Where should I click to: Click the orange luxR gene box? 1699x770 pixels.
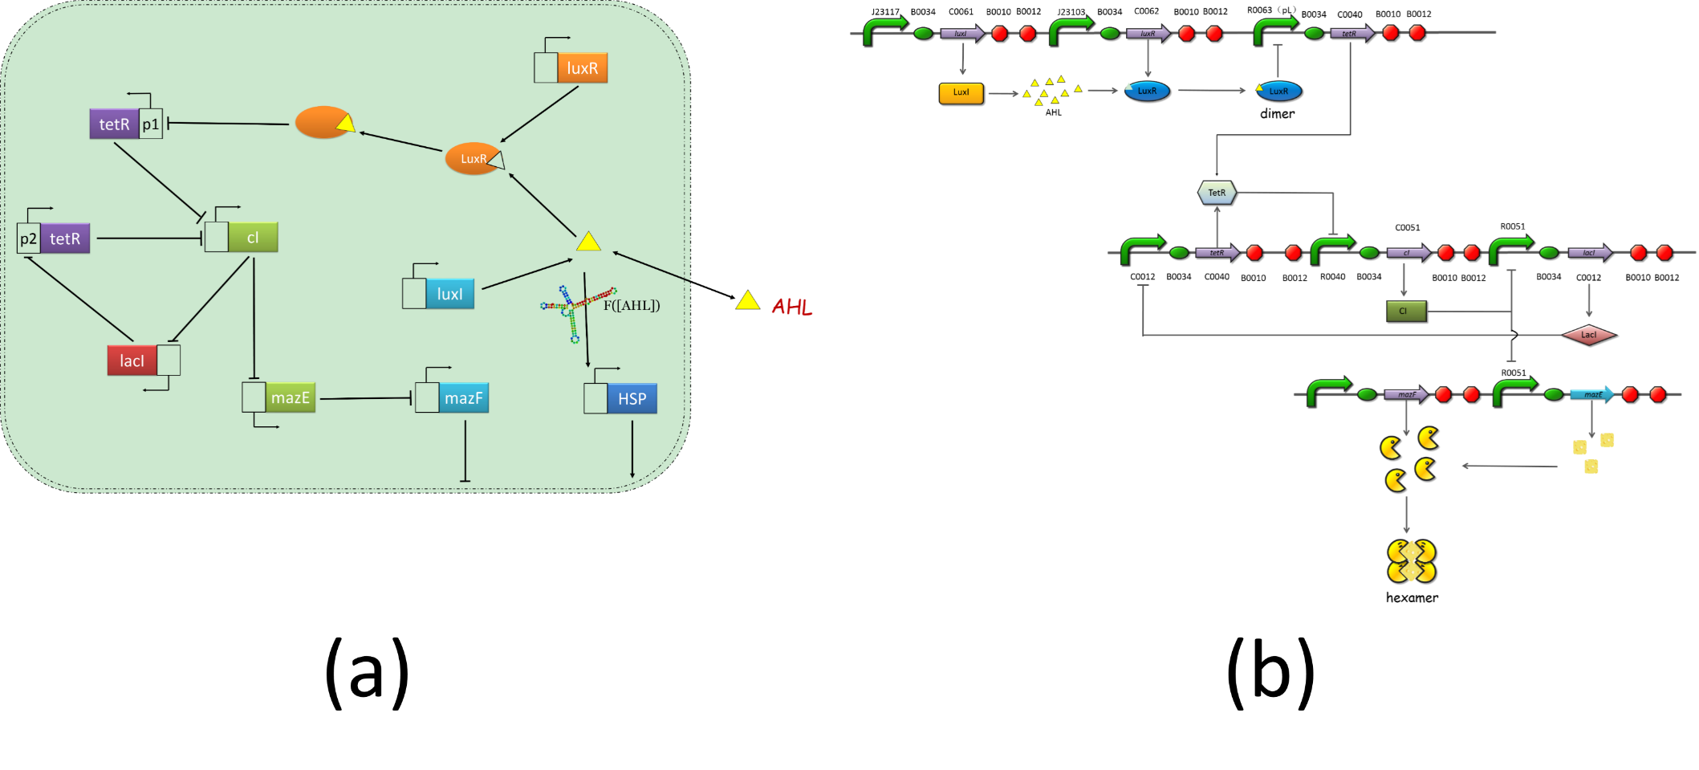[583, 68]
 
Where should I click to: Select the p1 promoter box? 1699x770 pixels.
[151, 124]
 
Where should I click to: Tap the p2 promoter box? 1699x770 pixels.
[29, 239]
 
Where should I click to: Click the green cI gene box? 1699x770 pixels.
[253, 238]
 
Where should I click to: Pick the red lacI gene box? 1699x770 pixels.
[132, 361]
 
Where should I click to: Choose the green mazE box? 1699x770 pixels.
[291, 397]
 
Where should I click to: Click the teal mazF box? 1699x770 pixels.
[464, 398]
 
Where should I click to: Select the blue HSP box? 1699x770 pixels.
[632, 399]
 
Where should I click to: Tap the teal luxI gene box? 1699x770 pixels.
[450, 295]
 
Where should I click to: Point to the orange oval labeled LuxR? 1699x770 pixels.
[473, 159]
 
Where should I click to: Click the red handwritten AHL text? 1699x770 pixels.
[792, 307]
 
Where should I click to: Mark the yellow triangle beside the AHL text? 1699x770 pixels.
[748, 301]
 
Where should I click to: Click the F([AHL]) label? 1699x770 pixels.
[632, 305]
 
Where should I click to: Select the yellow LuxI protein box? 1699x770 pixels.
[961, 93]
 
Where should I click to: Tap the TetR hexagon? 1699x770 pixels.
[1217, 193]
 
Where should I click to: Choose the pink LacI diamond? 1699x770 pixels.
[1588, 335]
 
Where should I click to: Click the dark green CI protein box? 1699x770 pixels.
[1406, 312]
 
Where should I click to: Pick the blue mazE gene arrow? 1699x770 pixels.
[1591, 394]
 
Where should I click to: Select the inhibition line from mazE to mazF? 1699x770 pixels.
[365, 398]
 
